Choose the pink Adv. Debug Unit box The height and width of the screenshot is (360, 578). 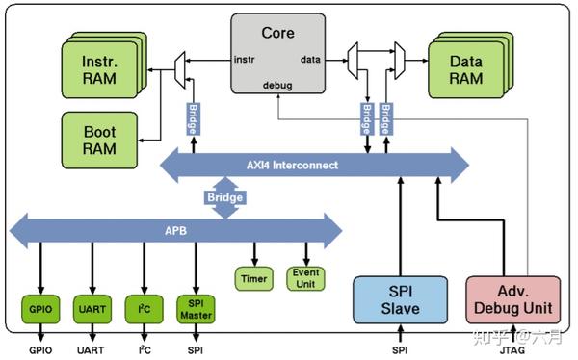[512, 300]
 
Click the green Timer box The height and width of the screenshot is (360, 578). [253, 278]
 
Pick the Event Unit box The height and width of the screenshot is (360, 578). [305, 278]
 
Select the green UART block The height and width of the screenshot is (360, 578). [92, 309]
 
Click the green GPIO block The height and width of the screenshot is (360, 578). [39, 309]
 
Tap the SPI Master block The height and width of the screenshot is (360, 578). [196, 308]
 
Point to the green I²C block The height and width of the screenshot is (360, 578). [144, 309]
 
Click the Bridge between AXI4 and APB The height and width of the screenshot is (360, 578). [223, 197]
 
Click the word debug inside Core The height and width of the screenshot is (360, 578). [277, 86]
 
